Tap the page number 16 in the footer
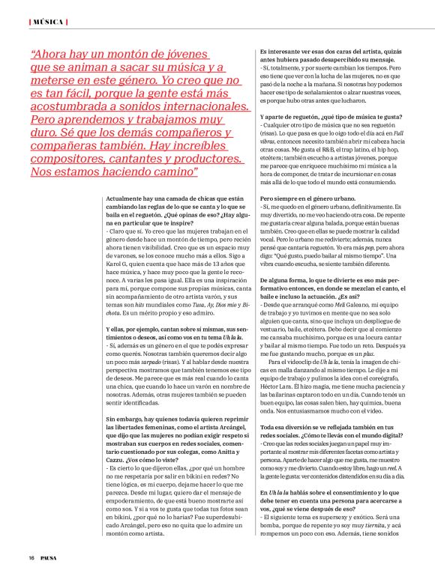point(32,558)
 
